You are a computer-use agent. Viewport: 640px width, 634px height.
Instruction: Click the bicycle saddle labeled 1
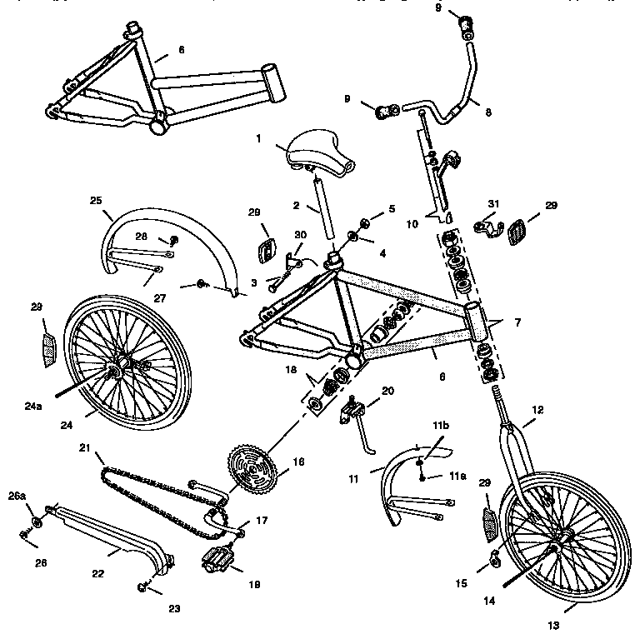320,153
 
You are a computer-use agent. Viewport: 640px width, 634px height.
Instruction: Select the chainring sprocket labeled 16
252,471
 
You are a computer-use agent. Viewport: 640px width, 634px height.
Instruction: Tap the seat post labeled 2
324,208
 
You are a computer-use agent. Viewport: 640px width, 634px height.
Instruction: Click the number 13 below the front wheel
553,625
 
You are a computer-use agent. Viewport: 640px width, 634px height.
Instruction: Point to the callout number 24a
33,407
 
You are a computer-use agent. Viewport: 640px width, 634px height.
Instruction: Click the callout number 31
493,203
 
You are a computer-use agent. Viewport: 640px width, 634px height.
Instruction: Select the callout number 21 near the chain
84,448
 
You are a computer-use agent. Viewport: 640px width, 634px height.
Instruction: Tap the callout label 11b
441,426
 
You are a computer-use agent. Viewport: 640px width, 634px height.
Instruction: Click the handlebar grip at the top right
467,27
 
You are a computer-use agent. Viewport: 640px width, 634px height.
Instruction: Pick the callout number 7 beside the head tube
517,322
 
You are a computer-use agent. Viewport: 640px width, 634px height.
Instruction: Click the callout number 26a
17,496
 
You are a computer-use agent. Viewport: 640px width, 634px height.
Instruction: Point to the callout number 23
174,609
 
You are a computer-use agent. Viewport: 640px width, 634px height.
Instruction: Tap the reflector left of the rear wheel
49,350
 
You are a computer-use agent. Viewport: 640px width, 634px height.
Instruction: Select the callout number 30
300,235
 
